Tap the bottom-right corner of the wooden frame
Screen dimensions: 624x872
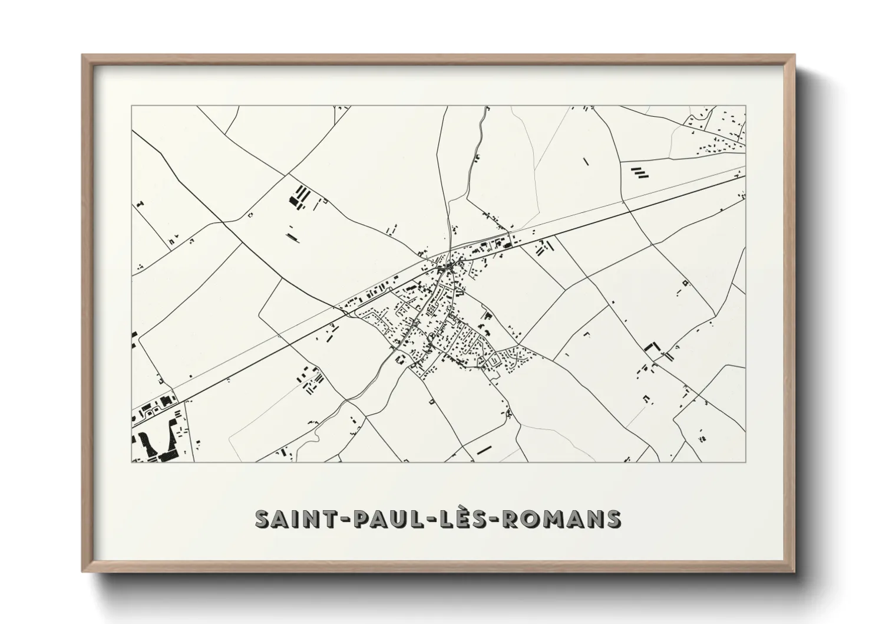[x=794, y=572]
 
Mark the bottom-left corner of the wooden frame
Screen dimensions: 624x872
[x=82, y=572]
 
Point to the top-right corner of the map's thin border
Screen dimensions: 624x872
[x=745, y=106]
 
